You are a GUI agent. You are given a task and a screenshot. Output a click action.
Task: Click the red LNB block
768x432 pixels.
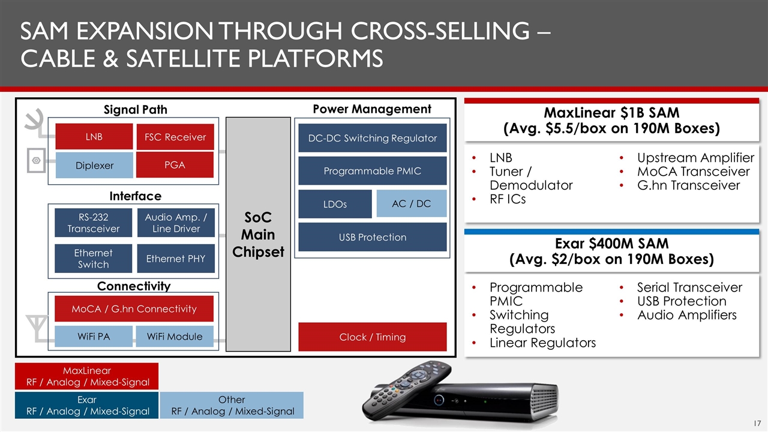94,136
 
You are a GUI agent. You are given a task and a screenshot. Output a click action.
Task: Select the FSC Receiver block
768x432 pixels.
175,137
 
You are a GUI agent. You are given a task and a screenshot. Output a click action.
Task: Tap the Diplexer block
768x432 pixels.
94,165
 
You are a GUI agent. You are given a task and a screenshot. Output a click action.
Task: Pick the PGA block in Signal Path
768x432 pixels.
175,165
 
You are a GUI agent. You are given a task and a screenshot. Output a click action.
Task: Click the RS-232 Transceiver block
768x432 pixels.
93,223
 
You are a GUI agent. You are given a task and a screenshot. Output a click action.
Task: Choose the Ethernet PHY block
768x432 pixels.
176,259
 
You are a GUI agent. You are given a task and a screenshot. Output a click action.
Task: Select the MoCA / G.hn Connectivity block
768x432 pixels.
134,308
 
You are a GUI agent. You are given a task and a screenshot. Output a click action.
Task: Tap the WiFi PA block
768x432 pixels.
94,337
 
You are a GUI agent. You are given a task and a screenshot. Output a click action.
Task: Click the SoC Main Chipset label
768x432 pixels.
258,235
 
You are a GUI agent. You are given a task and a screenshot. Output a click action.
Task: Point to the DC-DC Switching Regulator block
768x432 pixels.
373,138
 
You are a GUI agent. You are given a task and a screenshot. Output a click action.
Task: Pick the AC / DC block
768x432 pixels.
412,203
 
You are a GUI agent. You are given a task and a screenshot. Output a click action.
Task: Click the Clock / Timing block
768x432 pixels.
373,337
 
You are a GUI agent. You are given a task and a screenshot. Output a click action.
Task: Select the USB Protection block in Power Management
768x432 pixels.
373,237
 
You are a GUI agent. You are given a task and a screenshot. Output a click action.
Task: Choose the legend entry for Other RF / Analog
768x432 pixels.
232,405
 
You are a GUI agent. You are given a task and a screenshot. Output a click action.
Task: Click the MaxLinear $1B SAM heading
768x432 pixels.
611,121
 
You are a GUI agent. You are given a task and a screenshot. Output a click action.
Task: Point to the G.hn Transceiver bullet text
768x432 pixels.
688,185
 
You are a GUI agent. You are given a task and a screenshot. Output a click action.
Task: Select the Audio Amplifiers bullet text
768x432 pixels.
687,315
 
